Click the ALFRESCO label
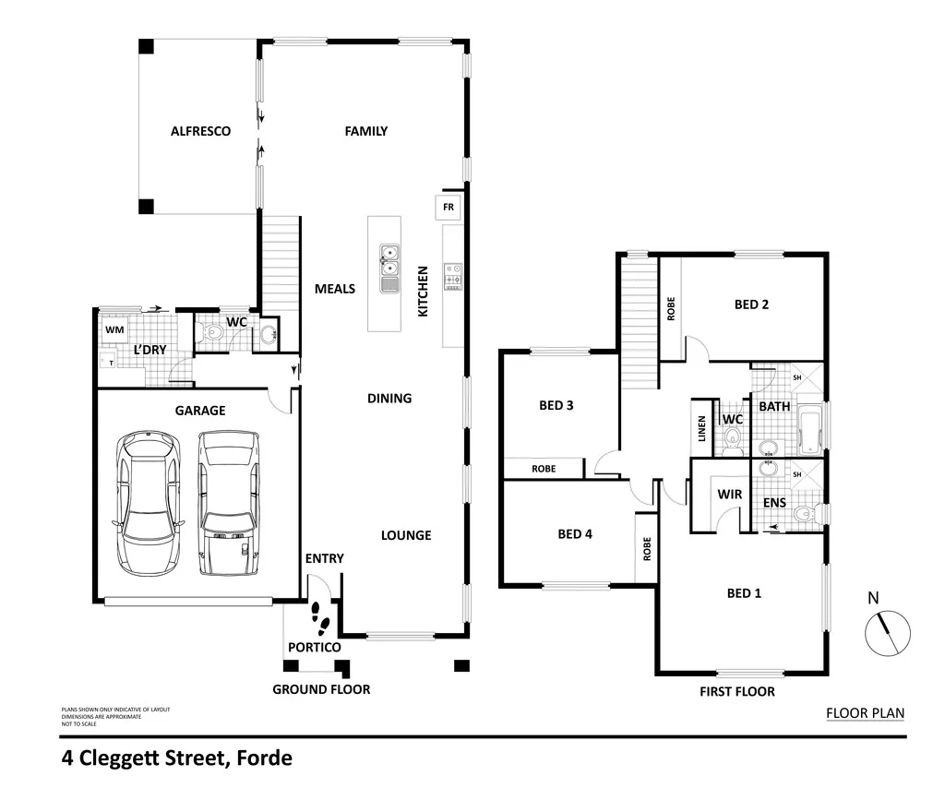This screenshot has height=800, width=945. pos(200,131)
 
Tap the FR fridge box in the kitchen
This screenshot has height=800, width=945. pos(449,208)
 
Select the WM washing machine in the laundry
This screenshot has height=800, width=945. pos(114,329)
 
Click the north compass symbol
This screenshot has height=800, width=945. pos(888,634)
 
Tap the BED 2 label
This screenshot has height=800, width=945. pos(751,304)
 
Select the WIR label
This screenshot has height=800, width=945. pos(730,495)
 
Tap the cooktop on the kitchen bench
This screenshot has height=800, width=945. pos(453,275)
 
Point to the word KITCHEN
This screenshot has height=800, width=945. pos(424,292)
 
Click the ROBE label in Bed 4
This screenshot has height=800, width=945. pos(647,550)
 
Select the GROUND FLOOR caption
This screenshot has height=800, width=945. pos(321,689)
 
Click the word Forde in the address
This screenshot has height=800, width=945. pos(264,758)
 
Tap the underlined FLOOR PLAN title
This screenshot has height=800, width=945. pos(865,712)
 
